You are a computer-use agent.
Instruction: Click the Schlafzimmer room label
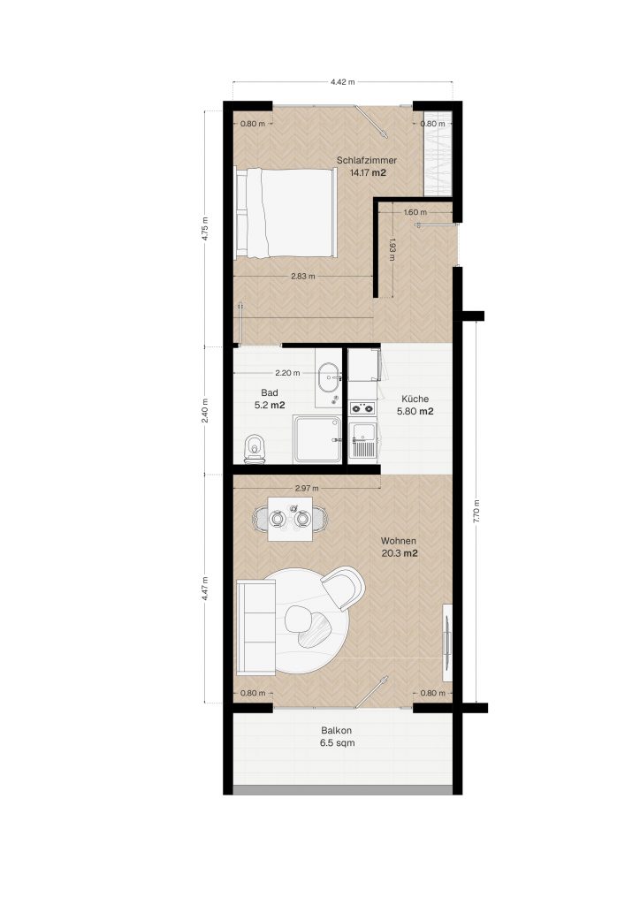coord(367,160)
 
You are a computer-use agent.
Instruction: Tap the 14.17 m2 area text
coord(368,172)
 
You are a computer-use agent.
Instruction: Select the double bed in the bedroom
coord(286,212)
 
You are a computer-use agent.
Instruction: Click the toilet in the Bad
coord(254,448)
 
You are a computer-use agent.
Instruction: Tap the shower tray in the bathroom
coord(316,439)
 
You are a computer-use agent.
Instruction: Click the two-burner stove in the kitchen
coord(362,408)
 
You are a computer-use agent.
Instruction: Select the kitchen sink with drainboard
coord(363,440)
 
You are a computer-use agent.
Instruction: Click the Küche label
coord(415,399)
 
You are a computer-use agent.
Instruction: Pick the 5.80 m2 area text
coord(415,412)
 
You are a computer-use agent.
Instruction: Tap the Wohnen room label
coord(399,542)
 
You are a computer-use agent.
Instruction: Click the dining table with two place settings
coord(290,518)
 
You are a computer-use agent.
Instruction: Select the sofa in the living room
coord(256,627)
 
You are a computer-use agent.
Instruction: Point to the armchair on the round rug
coord(344,588)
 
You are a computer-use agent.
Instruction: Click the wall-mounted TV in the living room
coord(447,642)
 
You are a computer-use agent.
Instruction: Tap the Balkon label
coord(337,730)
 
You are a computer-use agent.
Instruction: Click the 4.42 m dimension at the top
coord(342,82)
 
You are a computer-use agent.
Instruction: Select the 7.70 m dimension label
coord(476,511)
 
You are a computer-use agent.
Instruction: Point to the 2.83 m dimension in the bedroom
coord(303,276)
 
